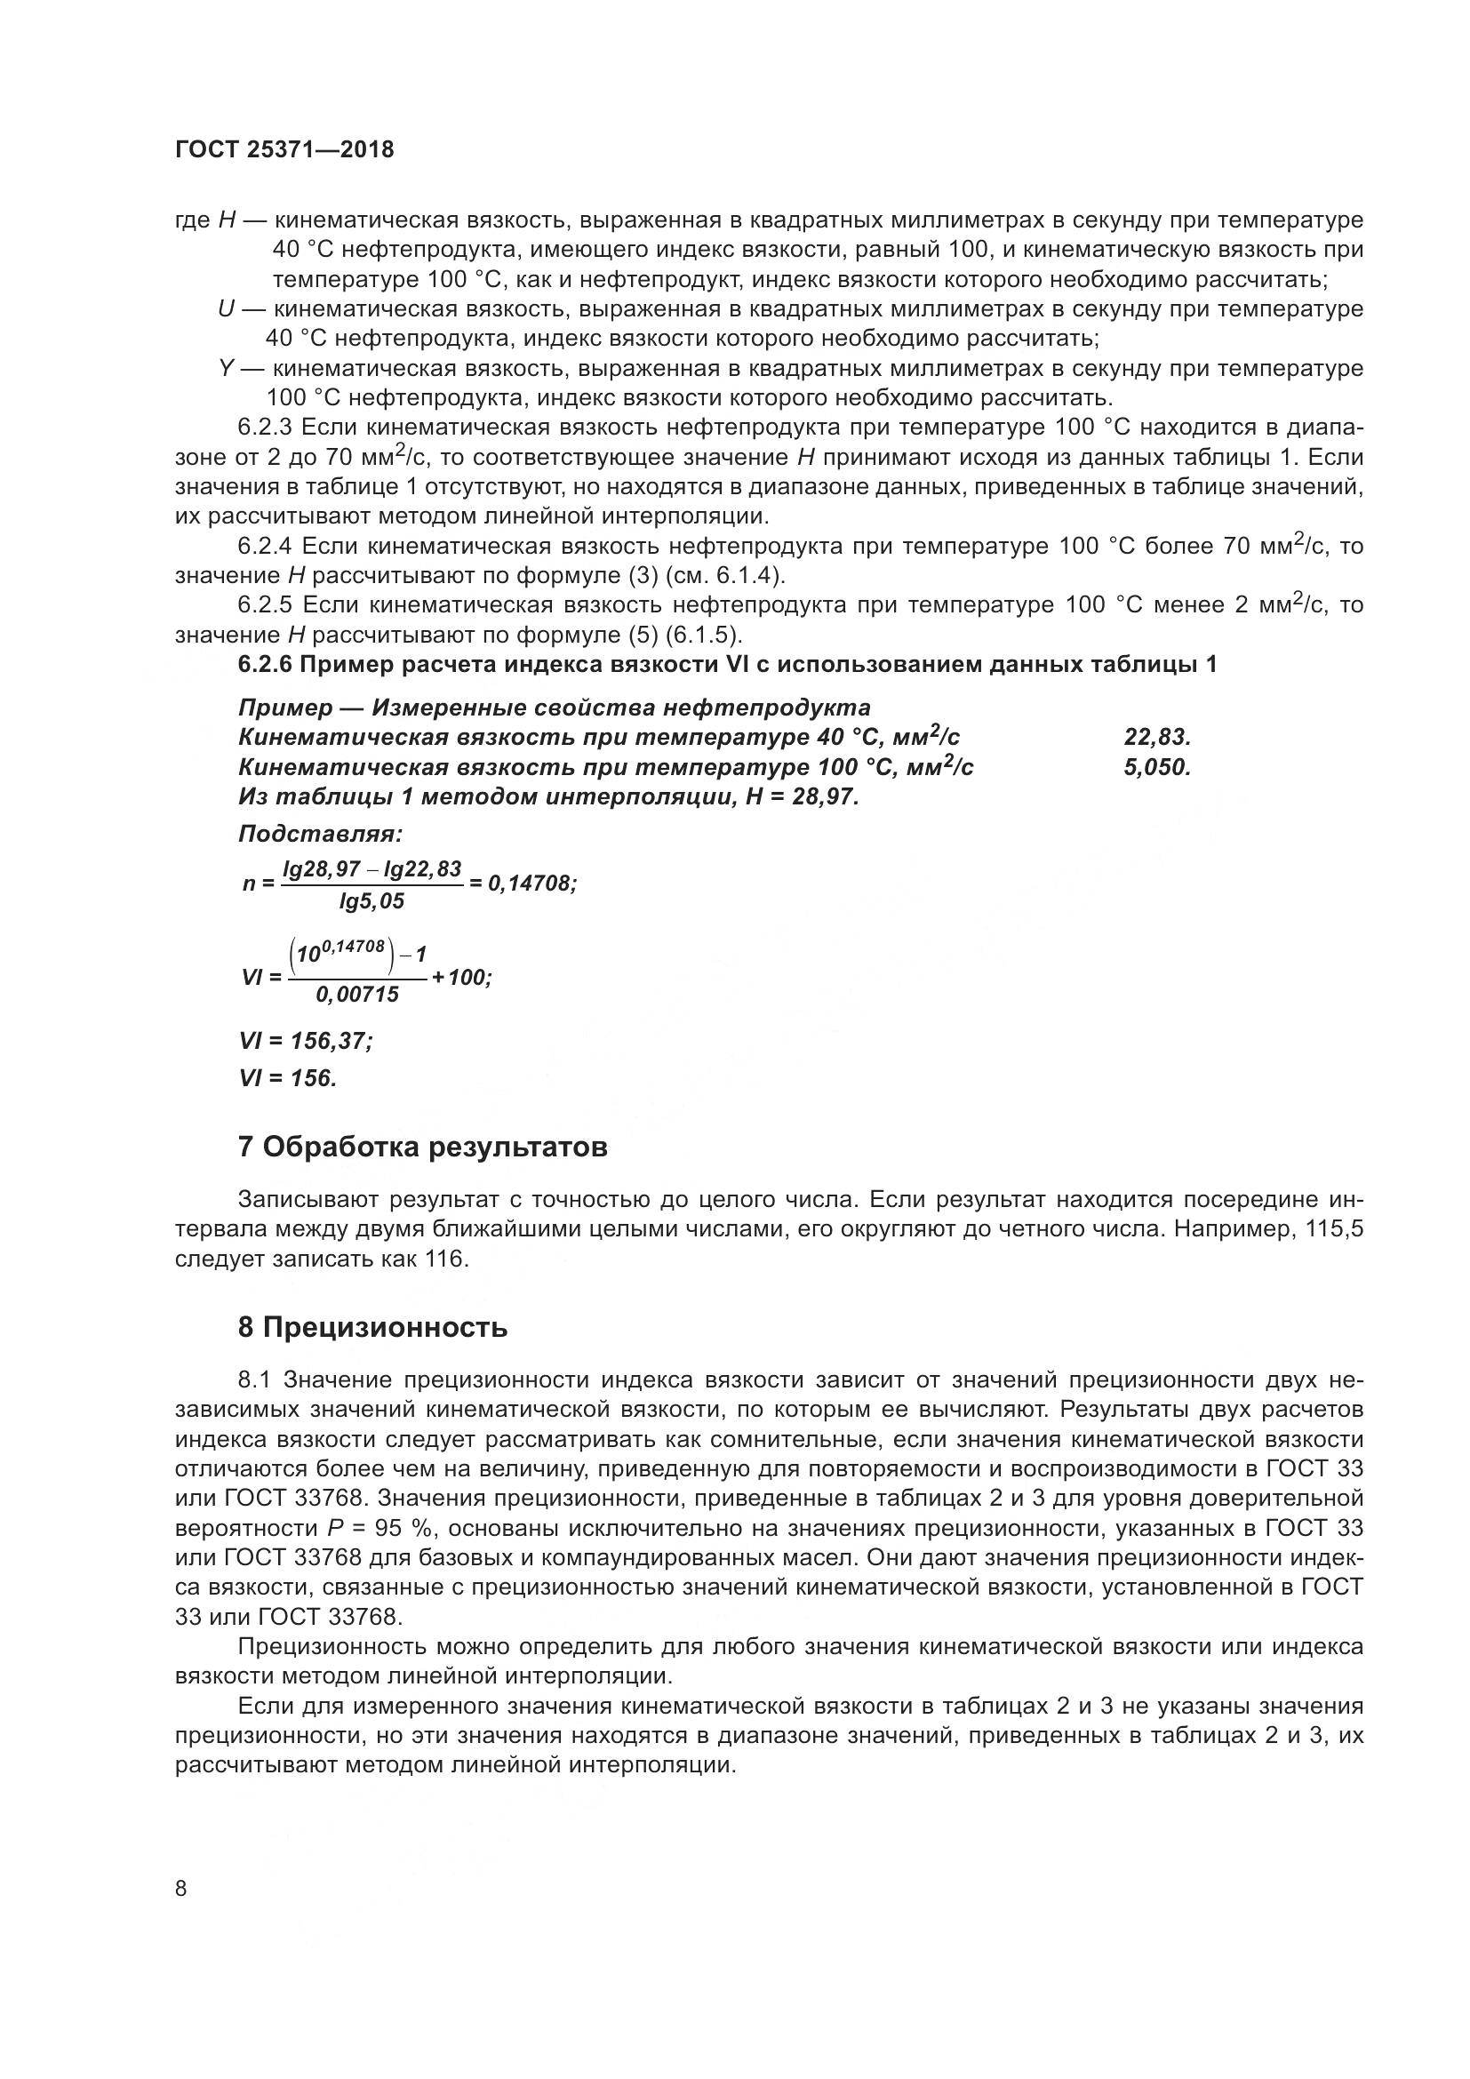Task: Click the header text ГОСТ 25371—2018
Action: (284, 149)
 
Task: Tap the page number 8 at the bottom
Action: (181, 1889)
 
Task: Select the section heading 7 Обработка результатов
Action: (422, 1147)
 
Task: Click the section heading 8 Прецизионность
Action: (372, 1327)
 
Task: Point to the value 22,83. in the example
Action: (1157, 738)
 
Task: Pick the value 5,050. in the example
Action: (1157, 768)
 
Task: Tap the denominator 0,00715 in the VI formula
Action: (356, 995)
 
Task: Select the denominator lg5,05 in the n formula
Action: (371, 901)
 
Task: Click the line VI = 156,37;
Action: (306, 1042)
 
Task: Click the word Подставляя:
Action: (320, 833)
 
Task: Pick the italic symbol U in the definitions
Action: (227, 309)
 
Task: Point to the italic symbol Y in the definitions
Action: (227, 369)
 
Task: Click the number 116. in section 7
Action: (446, 1259)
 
